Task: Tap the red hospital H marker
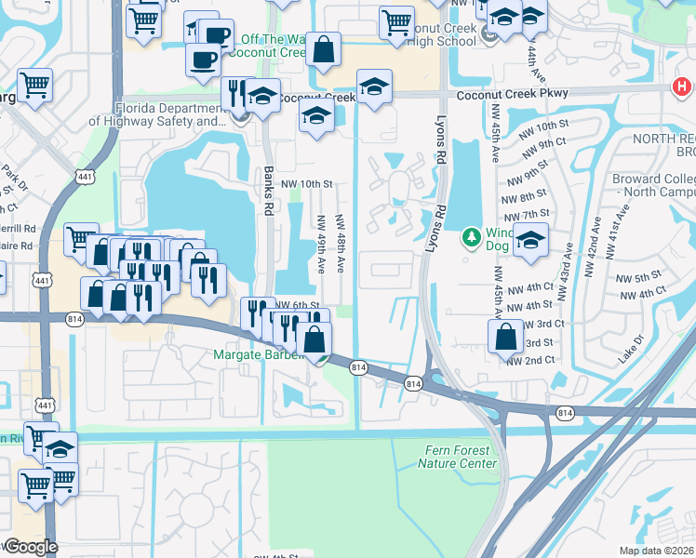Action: (x=681, y=87)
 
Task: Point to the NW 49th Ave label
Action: (x=321, y=245)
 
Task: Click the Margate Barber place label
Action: (x=259, y=354)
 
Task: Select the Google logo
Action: (x=30, y=547)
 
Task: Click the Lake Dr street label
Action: (x=631, y=350)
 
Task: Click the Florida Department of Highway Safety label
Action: (x=158, y=114)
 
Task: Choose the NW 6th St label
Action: (x=298, y=305)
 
